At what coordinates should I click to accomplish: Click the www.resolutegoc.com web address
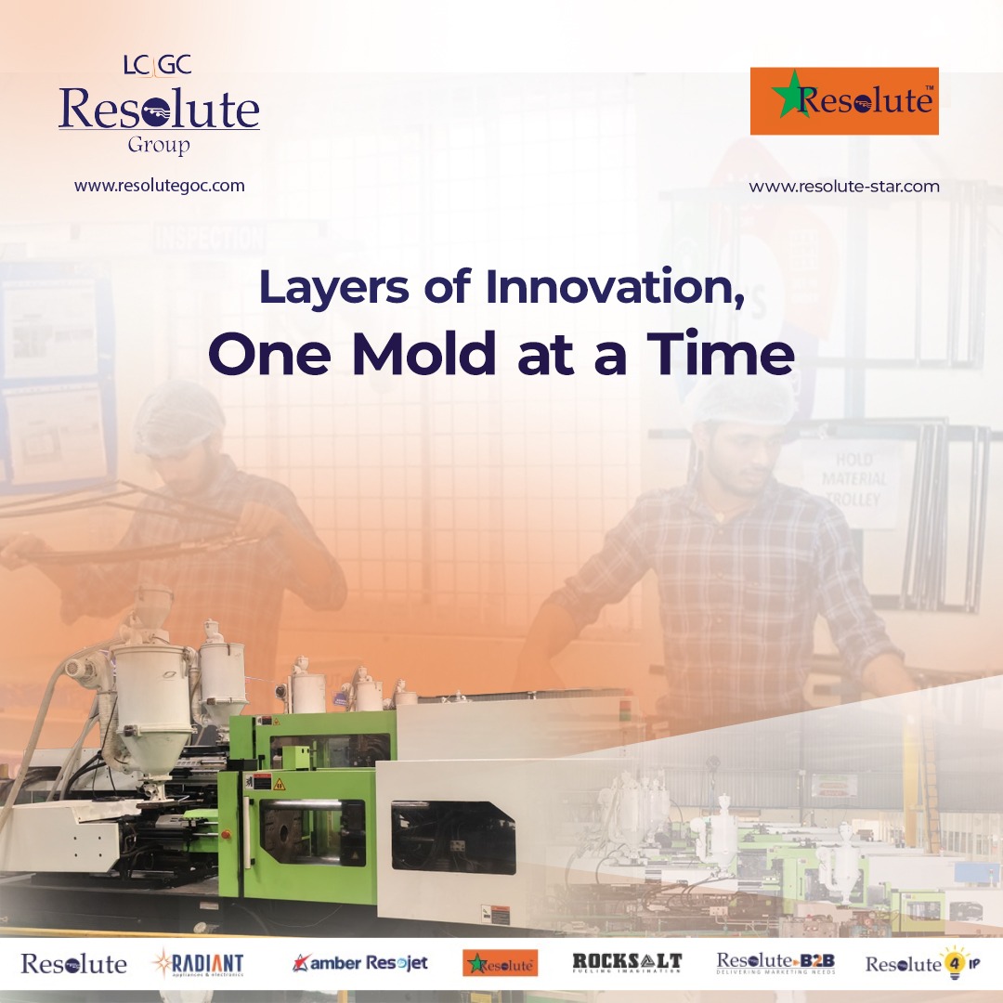(x=160, y=186)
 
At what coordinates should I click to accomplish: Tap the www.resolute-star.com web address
(x=844, y=187)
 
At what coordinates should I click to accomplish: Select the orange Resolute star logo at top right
(x=844, y=100)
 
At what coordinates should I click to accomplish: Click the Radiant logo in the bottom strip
(x=197, y=963)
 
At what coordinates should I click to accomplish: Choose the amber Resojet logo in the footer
(x=359, y=963)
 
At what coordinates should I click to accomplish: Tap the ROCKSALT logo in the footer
(x=627, y=963)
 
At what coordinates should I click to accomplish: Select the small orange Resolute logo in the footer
(x=500, y=963)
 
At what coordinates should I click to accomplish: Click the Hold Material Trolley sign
(x=853, y=479)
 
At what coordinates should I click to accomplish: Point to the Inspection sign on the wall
(x=211, y=237)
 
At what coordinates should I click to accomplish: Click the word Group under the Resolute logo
(x=159, y=145)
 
